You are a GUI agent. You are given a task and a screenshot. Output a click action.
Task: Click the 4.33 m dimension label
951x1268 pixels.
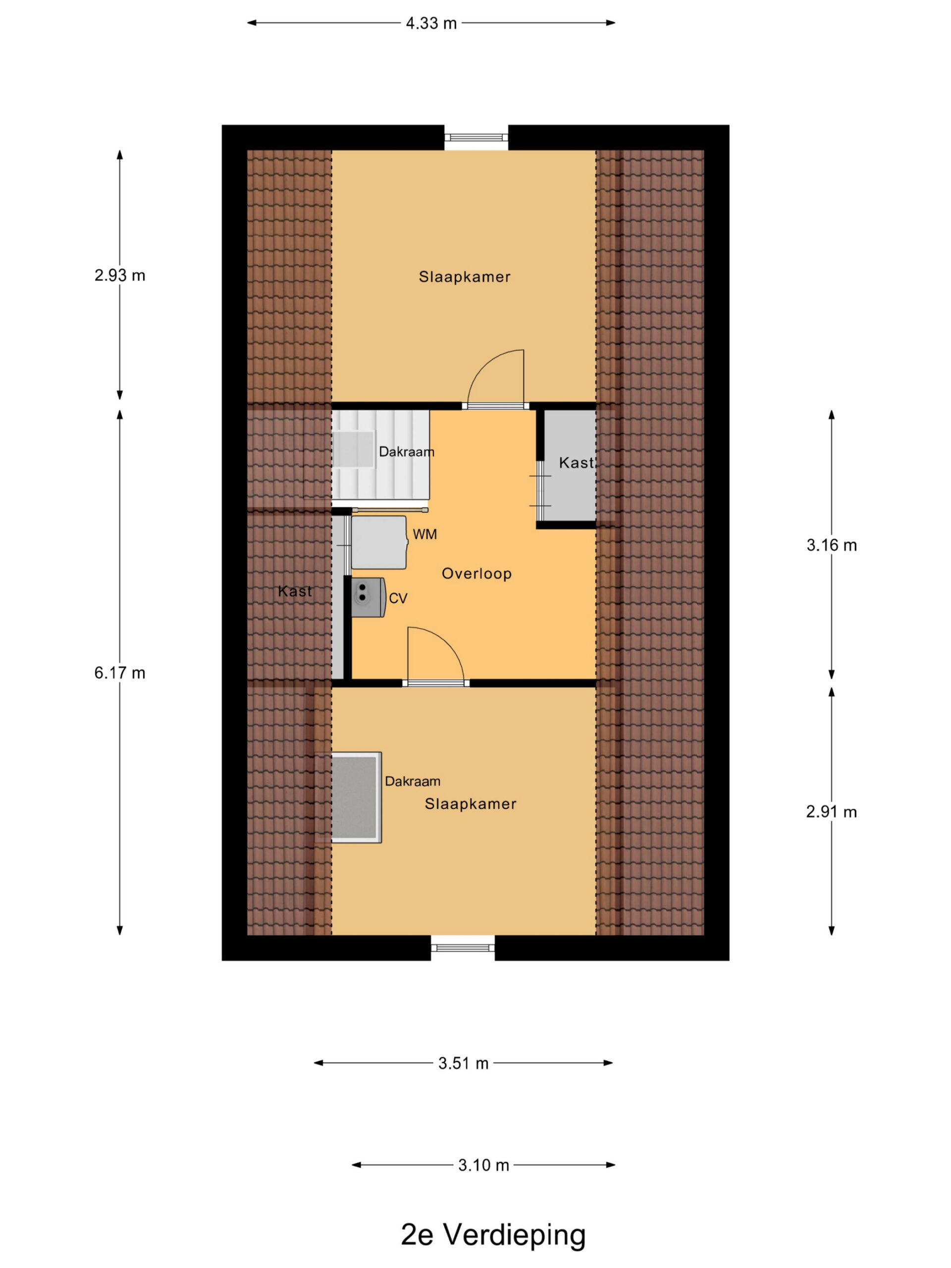click(430, 23)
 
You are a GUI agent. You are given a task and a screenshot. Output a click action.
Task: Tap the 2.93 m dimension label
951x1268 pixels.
click(120, 275)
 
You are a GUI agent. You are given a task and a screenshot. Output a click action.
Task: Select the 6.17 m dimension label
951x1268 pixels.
click(120, 673)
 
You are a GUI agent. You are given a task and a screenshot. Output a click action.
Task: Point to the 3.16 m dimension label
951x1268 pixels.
click(831, 545)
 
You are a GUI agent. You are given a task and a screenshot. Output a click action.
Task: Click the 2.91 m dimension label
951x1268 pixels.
click(831, 812)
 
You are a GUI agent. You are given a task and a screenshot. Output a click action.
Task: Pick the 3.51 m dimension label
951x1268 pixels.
click(463, 1063)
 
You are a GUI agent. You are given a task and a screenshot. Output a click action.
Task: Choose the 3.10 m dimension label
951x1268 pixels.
click(483, 1165)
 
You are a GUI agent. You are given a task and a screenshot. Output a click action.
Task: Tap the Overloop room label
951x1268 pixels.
click(476, 573)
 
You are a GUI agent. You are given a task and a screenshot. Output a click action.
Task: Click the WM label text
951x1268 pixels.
click(425, 534)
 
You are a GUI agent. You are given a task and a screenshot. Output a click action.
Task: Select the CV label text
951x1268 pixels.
click(398, 598)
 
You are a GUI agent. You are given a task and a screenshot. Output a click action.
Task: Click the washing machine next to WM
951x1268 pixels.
click(379, 542)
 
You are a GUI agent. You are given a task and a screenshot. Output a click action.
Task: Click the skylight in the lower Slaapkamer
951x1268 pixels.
click(356, 797)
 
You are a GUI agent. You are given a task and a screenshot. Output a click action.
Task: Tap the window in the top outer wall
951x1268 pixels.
click(476, 137)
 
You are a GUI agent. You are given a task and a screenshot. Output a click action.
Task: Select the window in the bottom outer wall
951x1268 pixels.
click(463, 948)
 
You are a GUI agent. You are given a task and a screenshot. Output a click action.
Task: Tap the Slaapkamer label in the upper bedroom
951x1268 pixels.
click(464, 277)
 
